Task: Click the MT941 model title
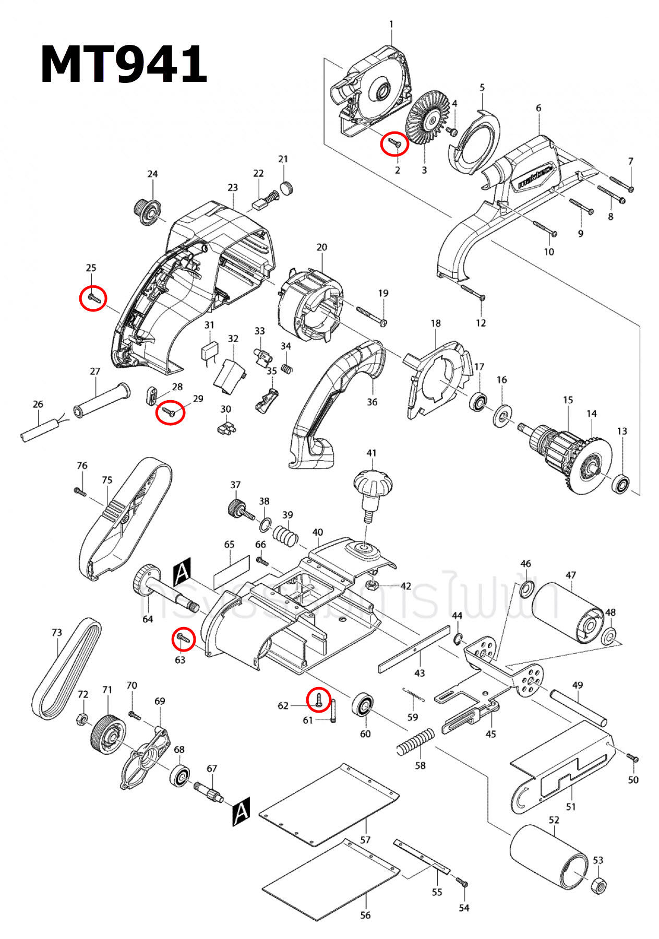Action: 124,64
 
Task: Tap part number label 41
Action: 371,453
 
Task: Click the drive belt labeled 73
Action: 66,669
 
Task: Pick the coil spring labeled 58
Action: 415,742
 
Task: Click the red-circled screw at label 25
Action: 93,298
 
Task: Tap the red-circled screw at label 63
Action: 183,639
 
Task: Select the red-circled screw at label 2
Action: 394,142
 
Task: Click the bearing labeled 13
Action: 621,484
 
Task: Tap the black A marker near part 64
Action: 182,571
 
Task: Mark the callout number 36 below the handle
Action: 372,402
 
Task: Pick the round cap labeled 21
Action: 286,188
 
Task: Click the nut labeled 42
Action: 373,585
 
